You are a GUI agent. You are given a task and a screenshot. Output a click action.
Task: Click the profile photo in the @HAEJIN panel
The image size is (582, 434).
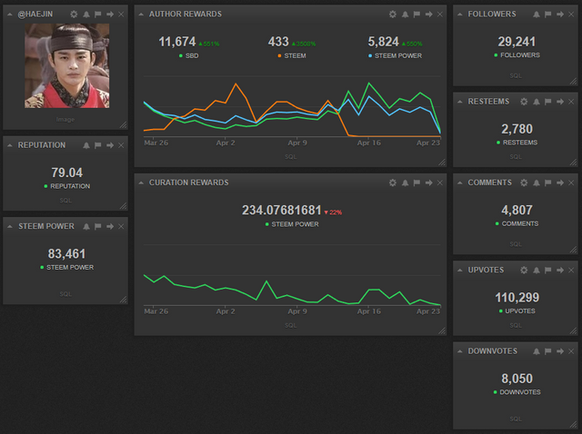point(66,66)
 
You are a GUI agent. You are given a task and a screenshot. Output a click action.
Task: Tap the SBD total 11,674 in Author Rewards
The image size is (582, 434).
point(177,42)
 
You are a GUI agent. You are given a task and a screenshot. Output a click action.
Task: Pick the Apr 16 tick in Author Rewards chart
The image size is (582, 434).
point(368,143)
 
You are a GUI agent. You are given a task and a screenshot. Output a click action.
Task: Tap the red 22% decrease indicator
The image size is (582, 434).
point(333,212)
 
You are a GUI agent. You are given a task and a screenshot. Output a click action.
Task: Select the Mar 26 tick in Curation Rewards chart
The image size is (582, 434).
point(156,311)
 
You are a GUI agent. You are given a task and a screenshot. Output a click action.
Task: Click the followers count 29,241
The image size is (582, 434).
point(516,42)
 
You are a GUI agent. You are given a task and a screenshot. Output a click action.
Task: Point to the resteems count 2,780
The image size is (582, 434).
point(516,130)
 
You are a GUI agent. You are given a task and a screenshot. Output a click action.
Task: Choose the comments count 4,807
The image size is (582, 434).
point(516,211)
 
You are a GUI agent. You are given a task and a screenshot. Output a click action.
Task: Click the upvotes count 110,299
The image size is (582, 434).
point(516,297)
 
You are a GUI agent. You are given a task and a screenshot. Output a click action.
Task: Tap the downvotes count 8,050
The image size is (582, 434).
point(516,379)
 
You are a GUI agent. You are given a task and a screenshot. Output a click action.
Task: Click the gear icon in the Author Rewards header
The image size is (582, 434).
point(392,15)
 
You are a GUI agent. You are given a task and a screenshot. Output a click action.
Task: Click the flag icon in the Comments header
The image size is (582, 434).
point(548,182)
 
